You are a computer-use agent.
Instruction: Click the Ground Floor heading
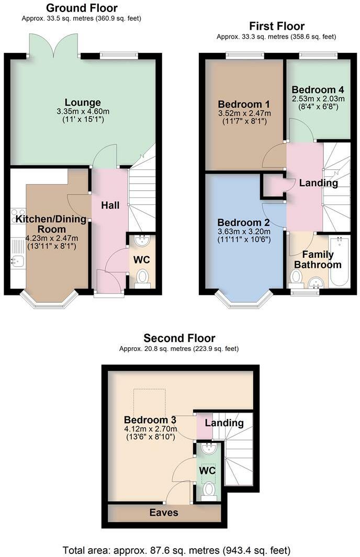[82, 8]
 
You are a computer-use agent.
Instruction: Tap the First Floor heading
[276, 26]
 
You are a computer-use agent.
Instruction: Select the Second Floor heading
[179, 338]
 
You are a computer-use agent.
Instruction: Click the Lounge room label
[83, 102]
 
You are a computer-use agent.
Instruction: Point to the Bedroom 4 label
[318, 89]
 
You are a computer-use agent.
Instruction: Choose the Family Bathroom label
[314, 259]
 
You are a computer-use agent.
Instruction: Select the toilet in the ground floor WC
[142, 277]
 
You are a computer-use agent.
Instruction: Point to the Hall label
[109, 206]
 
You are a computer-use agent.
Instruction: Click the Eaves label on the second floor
[165, 513]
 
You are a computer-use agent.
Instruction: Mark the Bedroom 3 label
[150, 420]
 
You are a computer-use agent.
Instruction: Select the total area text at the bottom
[176, 550]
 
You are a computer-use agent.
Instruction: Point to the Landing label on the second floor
[224, 423]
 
